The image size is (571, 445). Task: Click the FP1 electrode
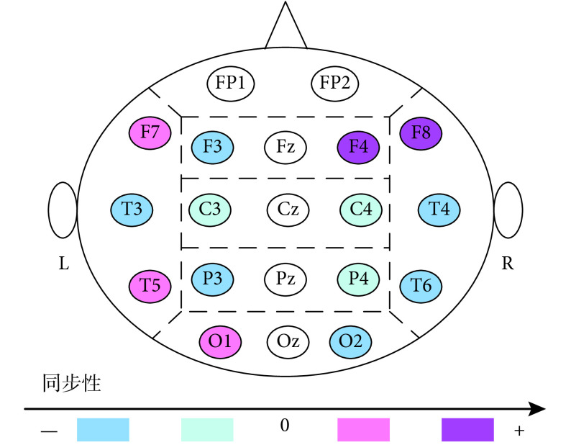(x=231, y=83)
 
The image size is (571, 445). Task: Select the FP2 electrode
(x=334, y=83)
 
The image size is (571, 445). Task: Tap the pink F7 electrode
(x=150, y=132)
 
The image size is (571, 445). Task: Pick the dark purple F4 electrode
(x=357, y=146)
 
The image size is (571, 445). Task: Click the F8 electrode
(x=421, y=132)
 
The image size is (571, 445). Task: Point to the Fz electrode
(x=285, y=146)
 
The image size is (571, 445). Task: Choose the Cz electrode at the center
(x=288, y=210)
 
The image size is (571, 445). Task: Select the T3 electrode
(x=132, y=210)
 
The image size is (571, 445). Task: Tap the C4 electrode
(x=361, y=210)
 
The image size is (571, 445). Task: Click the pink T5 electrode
(x=150, y=285)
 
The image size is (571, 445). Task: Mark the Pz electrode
(x=285, y=278)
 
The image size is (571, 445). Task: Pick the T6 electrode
(x=422, y=285)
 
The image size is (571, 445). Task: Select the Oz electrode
(x=287, y=341)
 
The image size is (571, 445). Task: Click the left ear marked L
(x=63, y=210)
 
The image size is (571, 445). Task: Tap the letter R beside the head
(x=508, y=264)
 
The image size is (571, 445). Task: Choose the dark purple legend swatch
(x=467, y=429)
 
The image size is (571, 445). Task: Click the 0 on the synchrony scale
(x=285, y=426)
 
